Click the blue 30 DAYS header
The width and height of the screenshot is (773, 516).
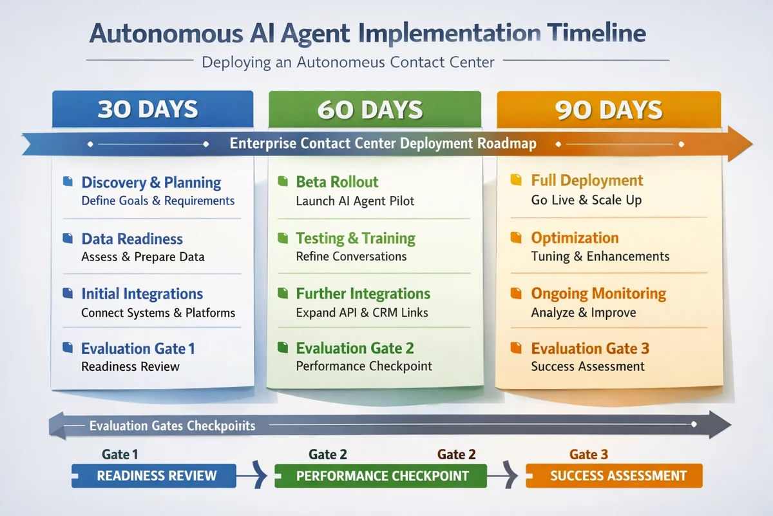click(x=148, y=109)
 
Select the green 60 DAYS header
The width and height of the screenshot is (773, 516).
click(x=370, y=109)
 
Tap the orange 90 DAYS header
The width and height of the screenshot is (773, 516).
click(x=608, y=109)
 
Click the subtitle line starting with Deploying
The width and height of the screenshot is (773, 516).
click(x=347, y=63)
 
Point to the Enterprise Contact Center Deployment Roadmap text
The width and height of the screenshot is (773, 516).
click(x=383, y=143)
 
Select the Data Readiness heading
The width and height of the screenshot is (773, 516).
click(x=132, y=239)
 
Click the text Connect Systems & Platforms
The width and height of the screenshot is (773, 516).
click(x=158, y=313)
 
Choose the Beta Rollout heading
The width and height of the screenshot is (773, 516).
click(x=337, y=182)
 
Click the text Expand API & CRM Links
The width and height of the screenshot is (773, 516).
click(x=362, y=313)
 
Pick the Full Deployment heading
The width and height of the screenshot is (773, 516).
click(x=587, y=181)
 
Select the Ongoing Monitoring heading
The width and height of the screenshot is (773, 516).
click(x=598, y=293)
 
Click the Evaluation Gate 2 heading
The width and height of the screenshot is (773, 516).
click(x=354, y=348)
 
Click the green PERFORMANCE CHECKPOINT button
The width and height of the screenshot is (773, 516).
click(x=382, y=476)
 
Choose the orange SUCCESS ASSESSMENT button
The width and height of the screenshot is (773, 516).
click(x=614, y=476)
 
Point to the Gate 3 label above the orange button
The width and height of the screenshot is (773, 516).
click(x=588, y=455)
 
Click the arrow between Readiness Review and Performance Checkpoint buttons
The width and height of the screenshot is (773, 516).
click(x=256, y=476)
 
